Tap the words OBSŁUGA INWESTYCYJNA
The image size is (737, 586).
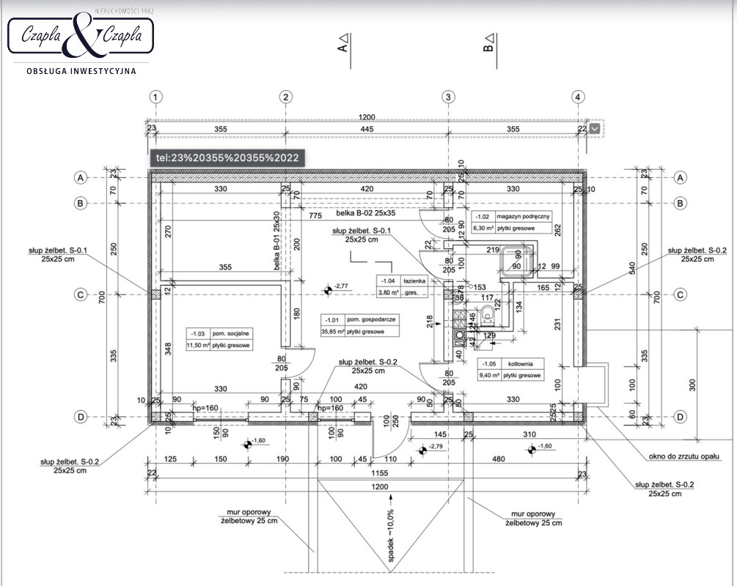tap(81, 71)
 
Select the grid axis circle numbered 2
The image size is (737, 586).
tap(287, 97)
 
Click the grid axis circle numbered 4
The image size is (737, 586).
tap(579, 97)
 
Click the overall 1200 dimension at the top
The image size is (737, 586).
tap(367, 117)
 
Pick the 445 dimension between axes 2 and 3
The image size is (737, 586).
tap(367, 130)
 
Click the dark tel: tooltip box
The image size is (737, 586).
tap(227, 157)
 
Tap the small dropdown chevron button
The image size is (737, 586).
tap(594, 129)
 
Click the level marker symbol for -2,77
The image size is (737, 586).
tap(327, 290)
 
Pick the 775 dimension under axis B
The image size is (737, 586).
tap(315, 216)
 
